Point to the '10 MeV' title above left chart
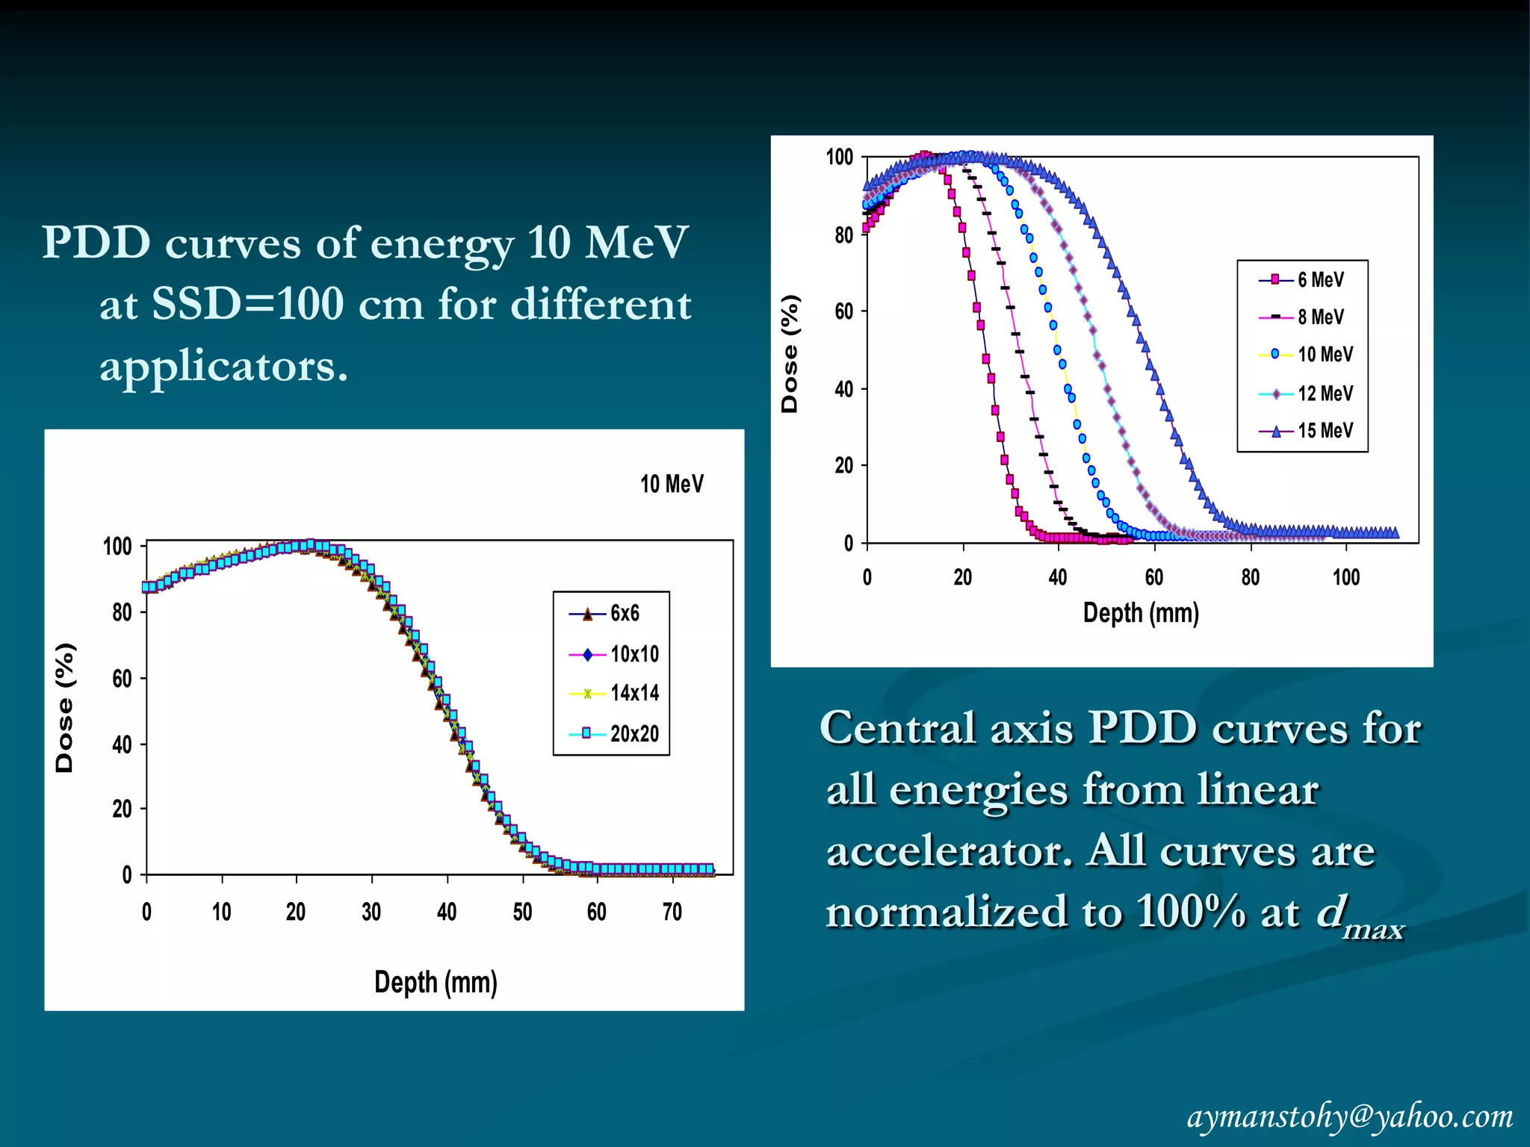(x=672, y=485)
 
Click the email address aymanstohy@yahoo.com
(x=1349, y=1116)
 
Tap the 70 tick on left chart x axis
(x=672, y=912)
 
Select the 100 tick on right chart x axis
(x=1346, y=577)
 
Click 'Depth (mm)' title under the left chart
(x=436, y=982)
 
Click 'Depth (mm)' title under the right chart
(x=1141, y=613)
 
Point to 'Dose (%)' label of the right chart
(x=790, y=354)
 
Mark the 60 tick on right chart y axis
(x=844, y=311)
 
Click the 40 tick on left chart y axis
(x=122, y=745)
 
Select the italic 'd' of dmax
(x=1331, y=911)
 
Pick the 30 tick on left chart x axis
(x=371, y=912)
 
